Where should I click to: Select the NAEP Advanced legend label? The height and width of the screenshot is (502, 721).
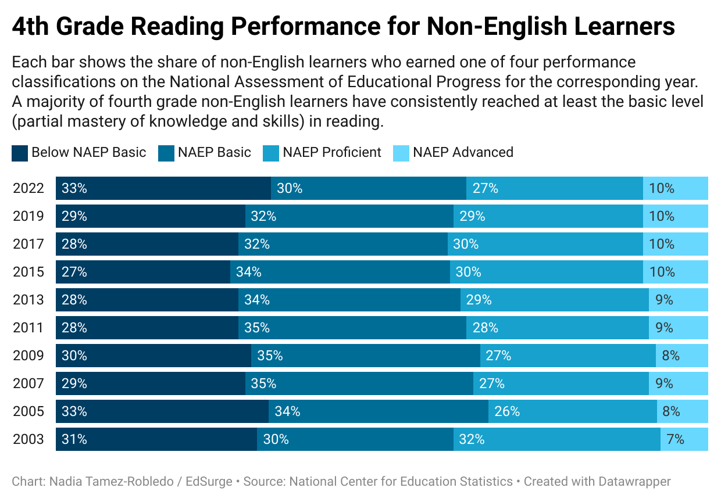463,153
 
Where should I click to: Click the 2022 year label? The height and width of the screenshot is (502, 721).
28,188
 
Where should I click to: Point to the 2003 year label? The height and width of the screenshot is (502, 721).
28,439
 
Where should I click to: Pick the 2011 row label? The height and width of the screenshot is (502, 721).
28,328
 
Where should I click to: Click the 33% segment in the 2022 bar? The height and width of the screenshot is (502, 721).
163,188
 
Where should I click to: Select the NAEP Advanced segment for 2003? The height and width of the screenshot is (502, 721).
684,439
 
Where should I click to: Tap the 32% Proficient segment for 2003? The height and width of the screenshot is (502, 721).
557,439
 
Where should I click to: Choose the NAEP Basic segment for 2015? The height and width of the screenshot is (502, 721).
340,272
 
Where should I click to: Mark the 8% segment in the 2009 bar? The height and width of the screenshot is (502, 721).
682,356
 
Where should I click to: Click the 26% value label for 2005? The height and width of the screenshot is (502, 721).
507,411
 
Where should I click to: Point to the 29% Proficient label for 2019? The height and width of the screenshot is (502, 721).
472,216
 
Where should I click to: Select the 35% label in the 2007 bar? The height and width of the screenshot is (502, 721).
263,383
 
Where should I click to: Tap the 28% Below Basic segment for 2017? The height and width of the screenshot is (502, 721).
147,244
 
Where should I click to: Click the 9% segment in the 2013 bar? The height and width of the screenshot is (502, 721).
679,300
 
